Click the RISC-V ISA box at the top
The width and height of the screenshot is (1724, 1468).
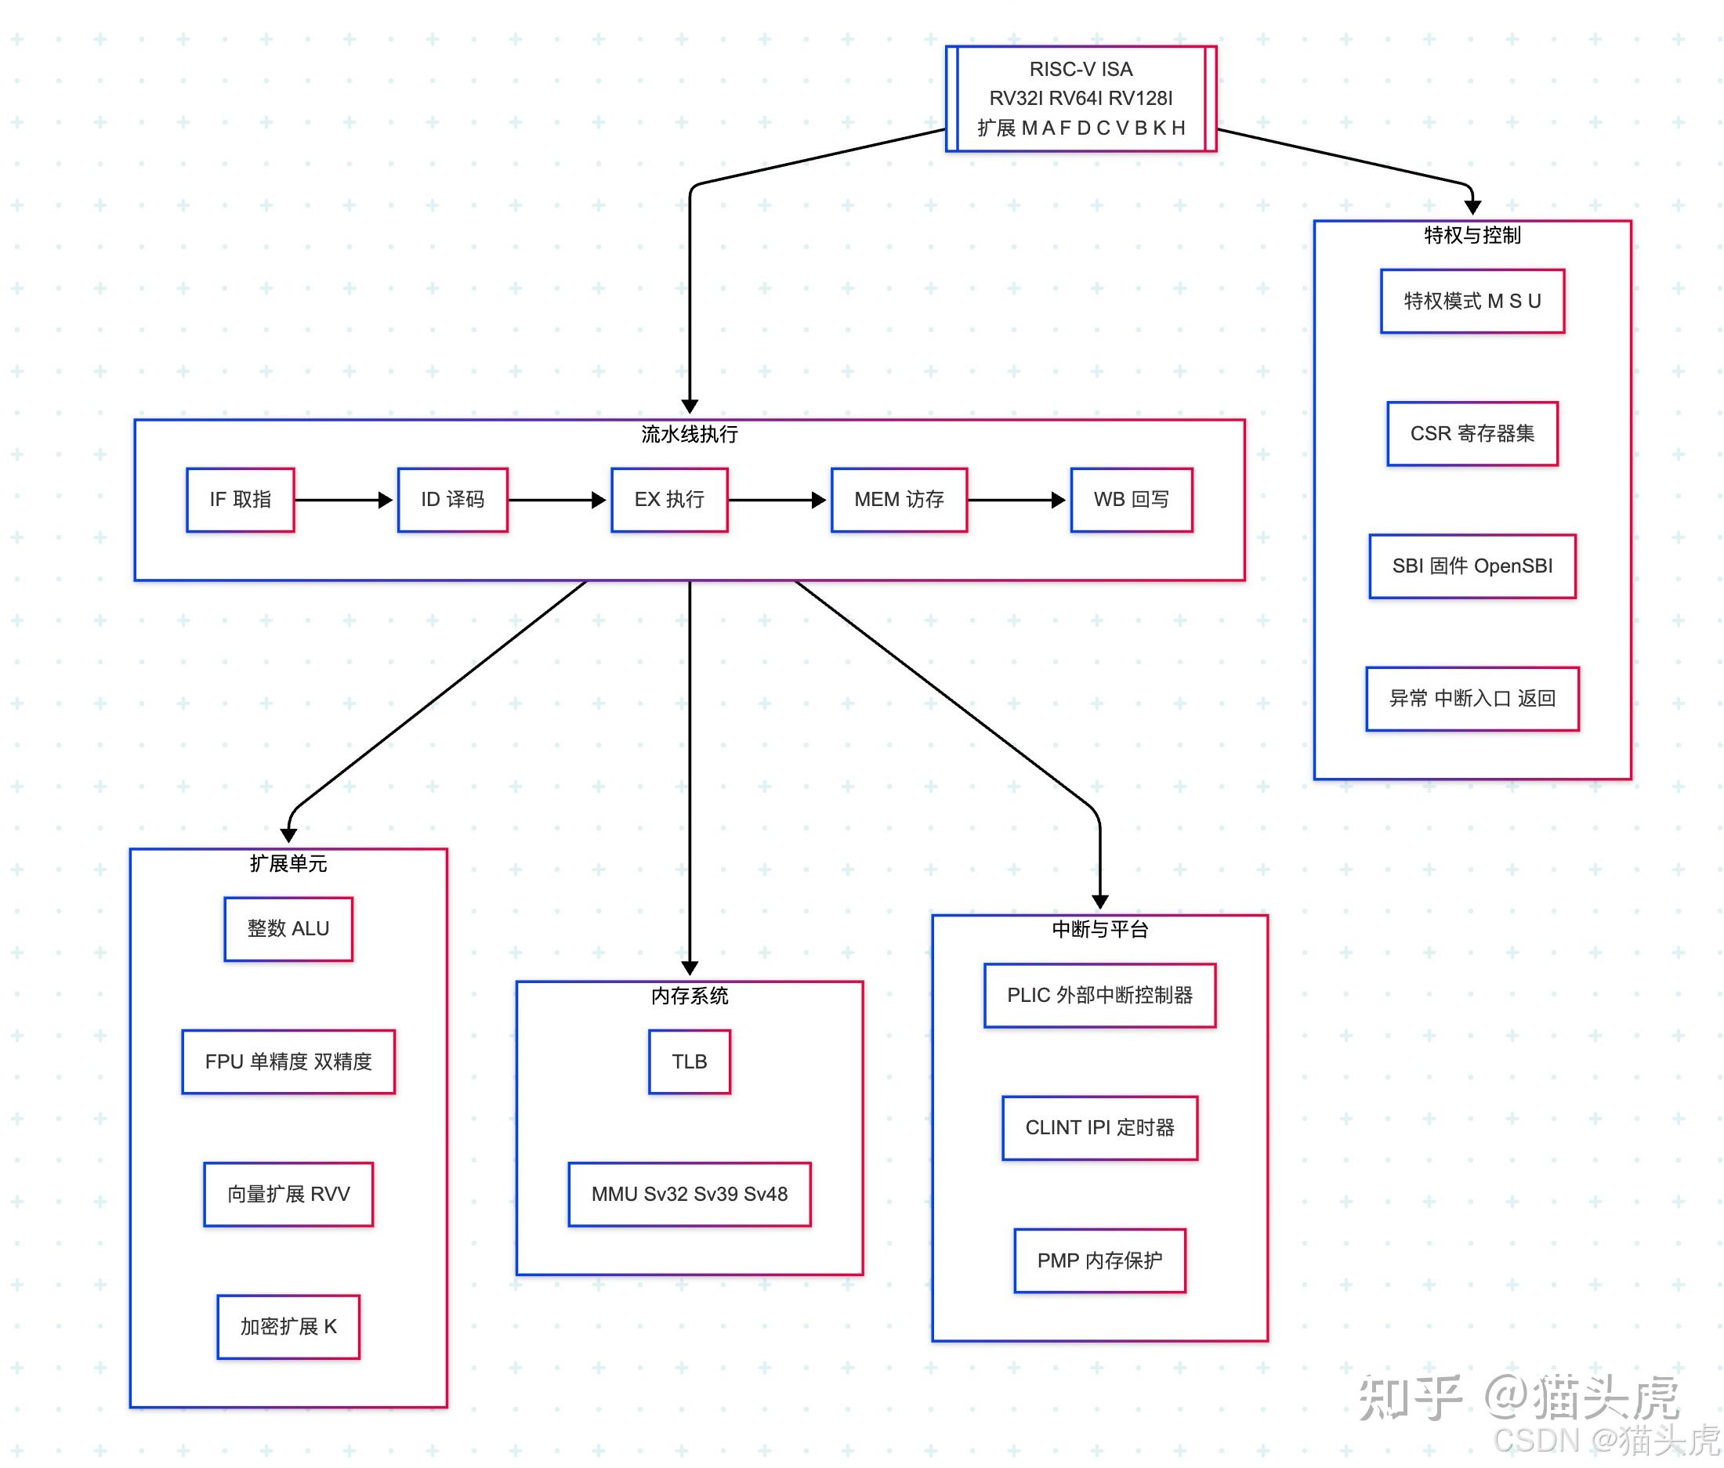point(1080,98)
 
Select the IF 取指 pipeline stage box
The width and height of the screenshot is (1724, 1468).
point(241,500)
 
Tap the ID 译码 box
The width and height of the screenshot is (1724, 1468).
point(453,500)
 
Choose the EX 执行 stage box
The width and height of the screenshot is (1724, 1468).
point(669,500)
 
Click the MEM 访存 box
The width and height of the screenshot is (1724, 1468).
point(899,500)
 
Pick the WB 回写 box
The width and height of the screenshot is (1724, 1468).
point(1131,500)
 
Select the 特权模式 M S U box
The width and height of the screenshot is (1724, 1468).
point(1472,301)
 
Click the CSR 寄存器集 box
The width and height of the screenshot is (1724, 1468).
point(1472,433)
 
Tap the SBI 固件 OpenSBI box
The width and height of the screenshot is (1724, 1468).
point(1472,566)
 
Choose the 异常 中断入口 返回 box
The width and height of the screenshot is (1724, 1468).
point(1472,699)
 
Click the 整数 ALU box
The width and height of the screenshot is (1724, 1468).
point(288,929)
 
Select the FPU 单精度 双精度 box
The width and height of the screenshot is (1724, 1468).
point(288,1062)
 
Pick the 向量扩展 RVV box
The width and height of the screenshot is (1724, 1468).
point(288,1195)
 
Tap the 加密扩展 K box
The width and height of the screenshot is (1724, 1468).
point(288,1327)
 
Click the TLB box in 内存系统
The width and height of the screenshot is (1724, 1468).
point(689,1062)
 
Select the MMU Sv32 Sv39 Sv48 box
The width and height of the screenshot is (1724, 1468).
point(689,1195)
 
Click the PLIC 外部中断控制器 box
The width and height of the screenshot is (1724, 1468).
point(1099,996)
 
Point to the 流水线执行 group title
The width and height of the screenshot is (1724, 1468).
point(689,434)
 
